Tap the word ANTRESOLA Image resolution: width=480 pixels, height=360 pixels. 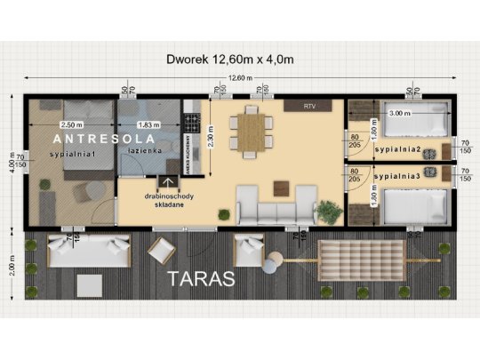coord(104,140)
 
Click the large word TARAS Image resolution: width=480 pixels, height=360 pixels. coord(200,278)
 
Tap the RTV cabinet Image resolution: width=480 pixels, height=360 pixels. coord(308,106)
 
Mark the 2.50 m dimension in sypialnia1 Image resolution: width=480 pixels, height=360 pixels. coord(70,124)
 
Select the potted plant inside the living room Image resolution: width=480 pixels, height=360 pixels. coord(329,211)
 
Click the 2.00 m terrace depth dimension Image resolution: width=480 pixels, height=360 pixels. coord(12,268)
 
